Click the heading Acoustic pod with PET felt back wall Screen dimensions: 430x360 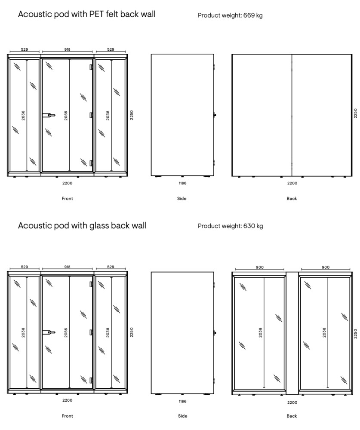tap(86, 14)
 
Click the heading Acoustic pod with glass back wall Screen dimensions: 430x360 tap(82, 225)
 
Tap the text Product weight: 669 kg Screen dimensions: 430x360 tap(230, 15)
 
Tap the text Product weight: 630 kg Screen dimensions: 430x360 tap(230, 226)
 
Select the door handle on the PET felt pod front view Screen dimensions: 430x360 tap(49, 115)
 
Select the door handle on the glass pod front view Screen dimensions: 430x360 tap(49, 332)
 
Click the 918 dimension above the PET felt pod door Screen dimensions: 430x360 tap(68, 50)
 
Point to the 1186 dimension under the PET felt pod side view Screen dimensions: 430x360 tap(182, 183)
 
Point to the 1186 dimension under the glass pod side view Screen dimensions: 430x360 tap(182, 401)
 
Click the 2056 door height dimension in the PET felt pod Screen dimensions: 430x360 tap(66, 115)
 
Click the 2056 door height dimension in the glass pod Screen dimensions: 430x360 tap(66, 332)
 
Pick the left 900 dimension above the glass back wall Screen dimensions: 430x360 tap(259, 267)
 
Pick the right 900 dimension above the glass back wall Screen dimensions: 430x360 tap(326, 267)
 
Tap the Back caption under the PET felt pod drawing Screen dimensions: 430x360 tap(292, 199)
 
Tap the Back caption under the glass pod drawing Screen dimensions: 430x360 tap(292, 416)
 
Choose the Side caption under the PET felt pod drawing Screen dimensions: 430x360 tap(182, 199)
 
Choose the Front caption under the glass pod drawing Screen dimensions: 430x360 tap(67, 416)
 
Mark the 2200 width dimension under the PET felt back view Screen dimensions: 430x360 tap(292, 183)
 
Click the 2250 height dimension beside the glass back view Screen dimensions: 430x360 tap(355, 332)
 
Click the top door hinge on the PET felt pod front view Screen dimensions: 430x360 tap(91, 67)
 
